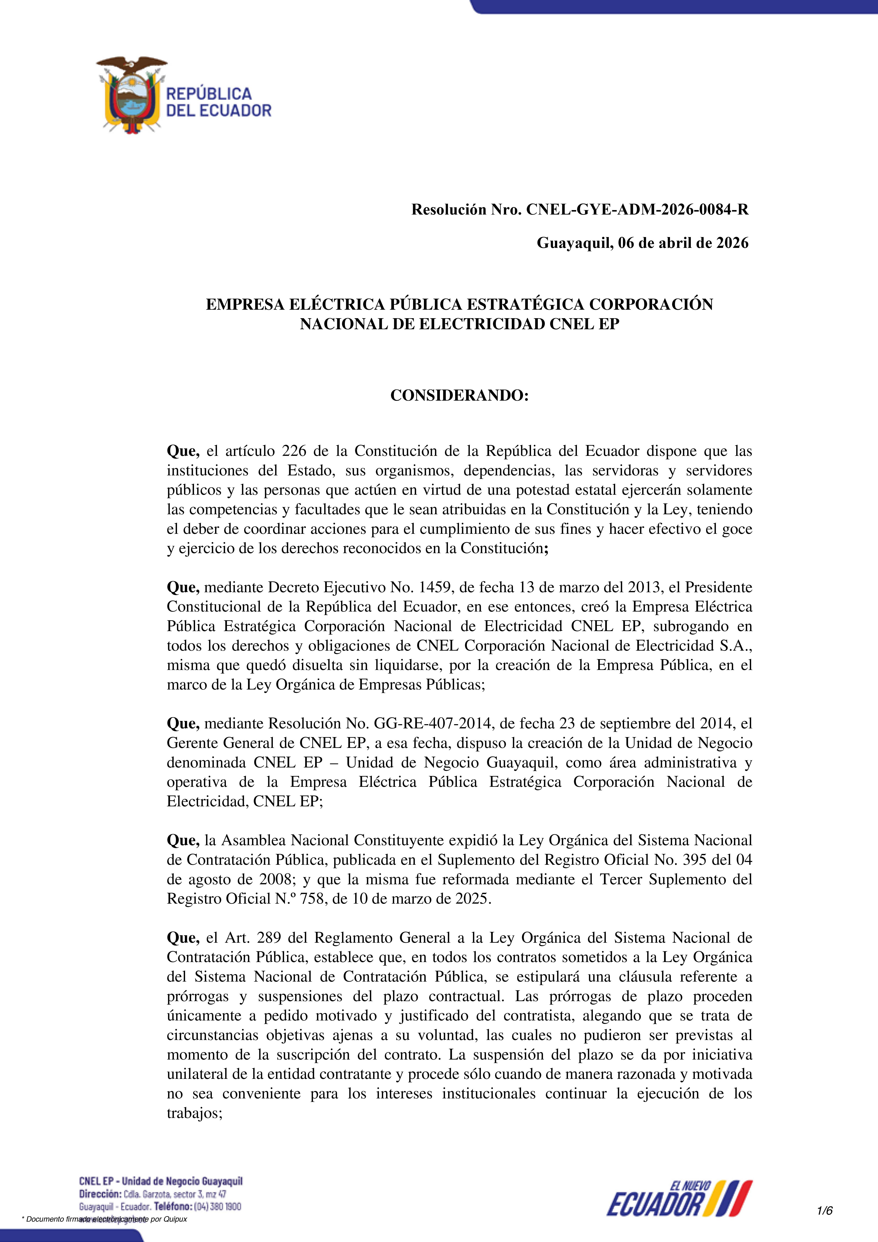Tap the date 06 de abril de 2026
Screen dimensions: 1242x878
[x=683, y=243]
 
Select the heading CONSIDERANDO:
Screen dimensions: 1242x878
[x=459, y=396]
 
